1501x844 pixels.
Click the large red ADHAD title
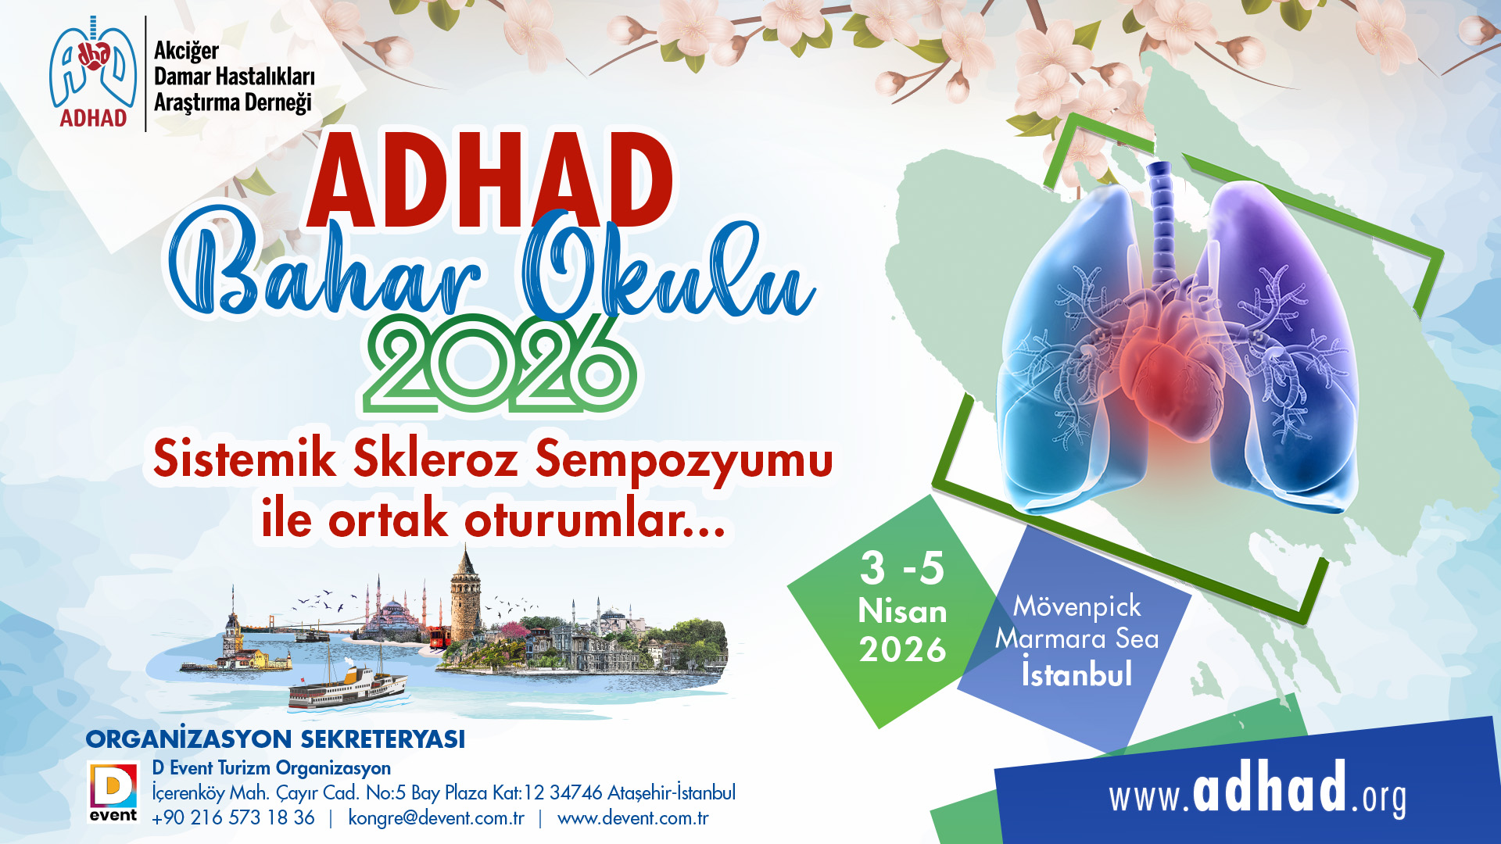point(490,181)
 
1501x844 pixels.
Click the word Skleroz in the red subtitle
point(435,459)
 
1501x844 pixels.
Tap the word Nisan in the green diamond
point(902,611)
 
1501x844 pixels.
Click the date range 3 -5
point(902,568)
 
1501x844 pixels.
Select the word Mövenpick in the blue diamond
point(1077,606)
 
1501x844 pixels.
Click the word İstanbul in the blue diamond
point(1077,674)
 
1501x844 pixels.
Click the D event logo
point(113,792)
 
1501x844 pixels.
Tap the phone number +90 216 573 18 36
point(233,818)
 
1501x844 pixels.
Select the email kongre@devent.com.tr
point(436,818)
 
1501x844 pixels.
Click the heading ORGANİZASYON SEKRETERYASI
point(275,739)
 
